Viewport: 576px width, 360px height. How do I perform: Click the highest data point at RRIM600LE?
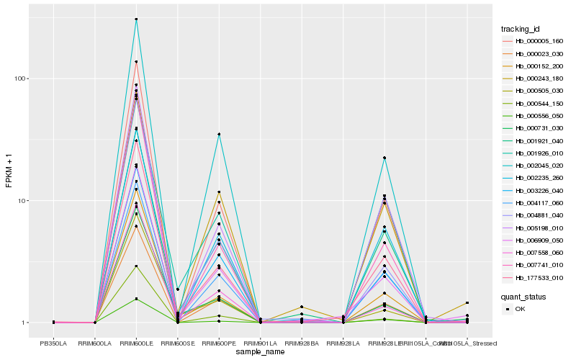click(137, 19)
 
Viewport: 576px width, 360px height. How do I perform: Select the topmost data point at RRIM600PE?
click(219, 134)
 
